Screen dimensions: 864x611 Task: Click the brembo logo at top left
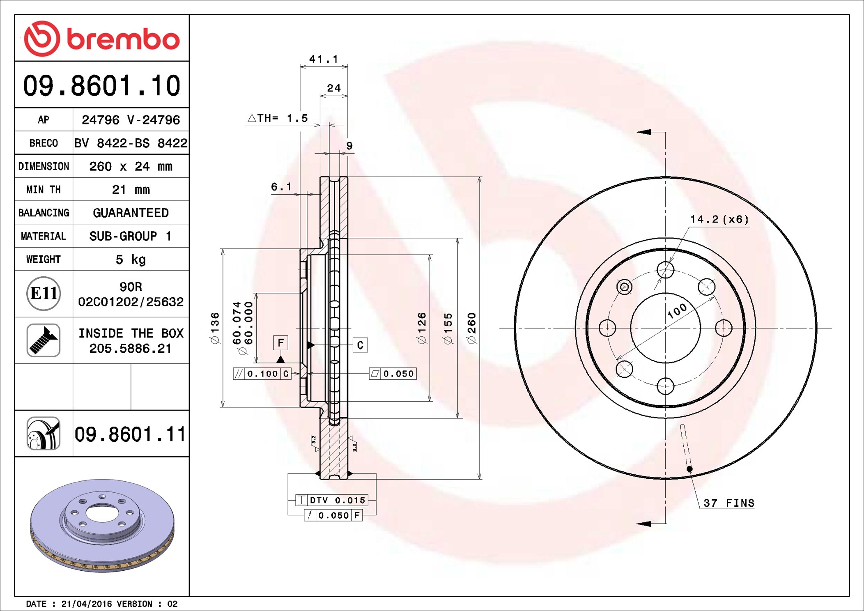[x=102, y=39]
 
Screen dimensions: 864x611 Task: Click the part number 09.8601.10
[x=102, y=86]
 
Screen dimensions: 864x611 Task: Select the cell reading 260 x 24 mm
[x=131, y=166]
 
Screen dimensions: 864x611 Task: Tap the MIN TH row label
[x=44, y=190]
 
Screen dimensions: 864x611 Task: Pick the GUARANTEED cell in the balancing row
[x=131, y=213]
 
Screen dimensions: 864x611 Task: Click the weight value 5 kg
[x=131, y=259]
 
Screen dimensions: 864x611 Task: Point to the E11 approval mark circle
[x=44, y=294]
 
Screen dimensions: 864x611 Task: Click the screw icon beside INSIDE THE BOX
[x=44, y=340]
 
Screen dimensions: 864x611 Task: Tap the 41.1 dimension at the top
[x=324, y=60]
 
